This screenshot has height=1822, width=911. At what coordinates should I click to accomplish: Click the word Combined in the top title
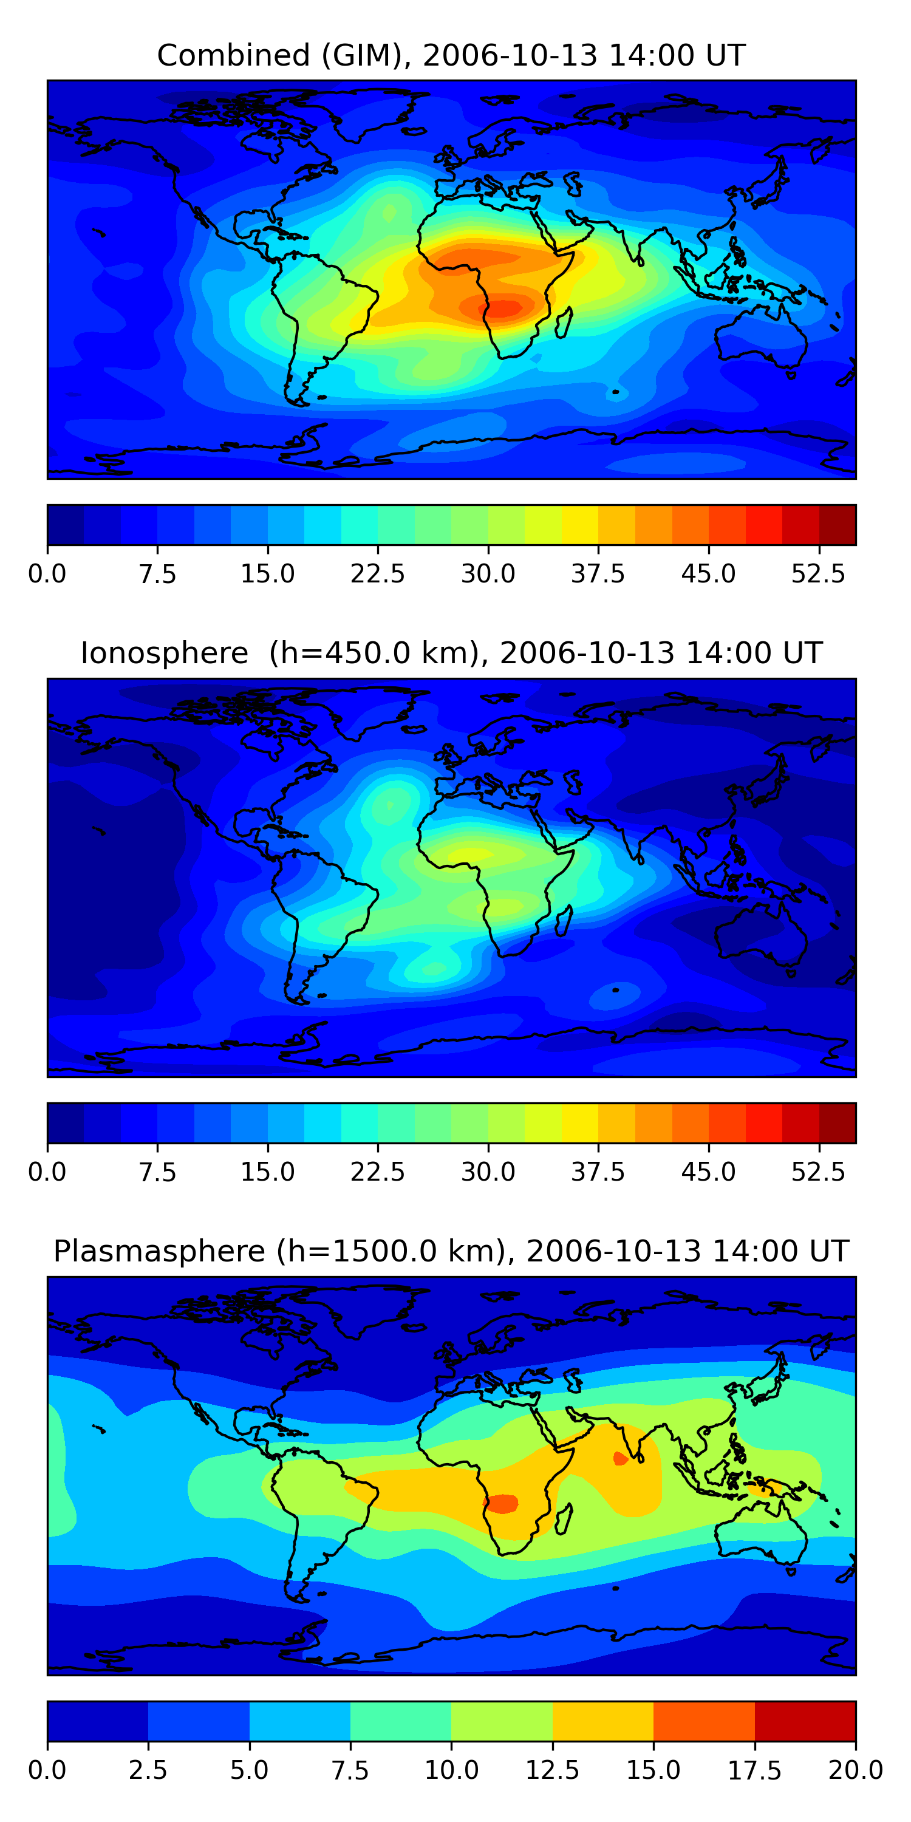click(233, 55)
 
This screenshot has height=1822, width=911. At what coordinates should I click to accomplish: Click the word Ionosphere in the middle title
click(164, 653)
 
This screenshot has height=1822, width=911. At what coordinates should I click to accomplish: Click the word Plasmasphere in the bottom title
click(159, 1251)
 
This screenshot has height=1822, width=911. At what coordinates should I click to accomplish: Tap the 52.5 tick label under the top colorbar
click(818, 573)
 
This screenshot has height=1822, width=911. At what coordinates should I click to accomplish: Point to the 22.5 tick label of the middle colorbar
click(378, 1172)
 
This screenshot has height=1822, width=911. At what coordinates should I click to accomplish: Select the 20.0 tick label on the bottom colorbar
click(855, 1770)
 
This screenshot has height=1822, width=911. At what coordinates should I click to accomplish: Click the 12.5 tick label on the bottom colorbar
click(553, 1770)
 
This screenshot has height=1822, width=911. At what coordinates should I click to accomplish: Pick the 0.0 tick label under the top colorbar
click(47, 573)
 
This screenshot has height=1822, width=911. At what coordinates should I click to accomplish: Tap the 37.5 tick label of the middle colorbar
click(598, 1172)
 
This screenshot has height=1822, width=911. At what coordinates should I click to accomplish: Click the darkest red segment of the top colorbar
click(838, 525)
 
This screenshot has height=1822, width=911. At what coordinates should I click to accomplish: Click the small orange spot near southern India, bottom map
click(620, 1458)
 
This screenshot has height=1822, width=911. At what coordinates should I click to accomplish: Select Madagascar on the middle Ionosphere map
click(564, 921)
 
